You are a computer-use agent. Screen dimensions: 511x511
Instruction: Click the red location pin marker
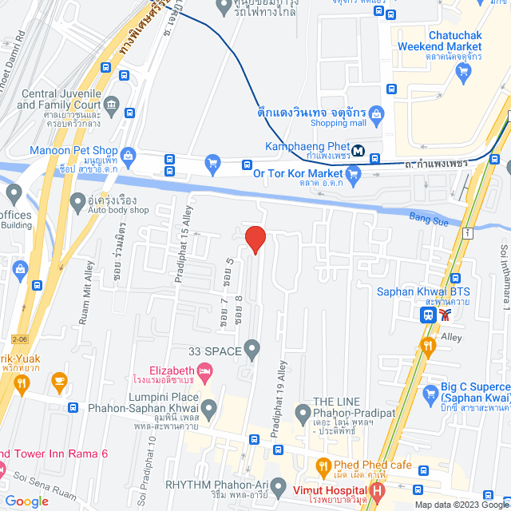254,240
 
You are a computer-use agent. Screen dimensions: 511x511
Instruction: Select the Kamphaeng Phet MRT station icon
359,149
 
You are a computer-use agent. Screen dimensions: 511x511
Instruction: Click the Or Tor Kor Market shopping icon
212,164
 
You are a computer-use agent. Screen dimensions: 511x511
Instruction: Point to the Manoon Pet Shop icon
127,150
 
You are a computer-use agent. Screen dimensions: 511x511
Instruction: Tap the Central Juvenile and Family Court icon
111,104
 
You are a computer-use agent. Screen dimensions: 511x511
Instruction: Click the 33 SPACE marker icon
252,349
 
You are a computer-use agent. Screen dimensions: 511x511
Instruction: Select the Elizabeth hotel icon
205,370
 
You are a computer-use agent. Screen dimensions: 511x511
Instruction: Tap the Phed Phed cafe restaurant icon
323,465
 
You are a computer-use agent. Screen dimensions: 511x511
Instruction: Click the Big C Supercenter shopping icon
430,393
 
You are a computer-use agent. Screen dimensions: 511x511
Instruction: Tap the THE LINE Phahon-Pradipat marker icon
303,413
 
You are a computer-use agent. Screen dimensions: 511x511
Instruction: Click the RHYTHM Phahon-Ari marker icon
278,485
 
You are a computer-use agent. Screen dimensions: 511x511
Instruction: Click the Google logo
26,501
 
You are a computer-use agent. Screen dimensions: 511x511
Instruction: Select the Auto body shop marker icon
77,204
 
